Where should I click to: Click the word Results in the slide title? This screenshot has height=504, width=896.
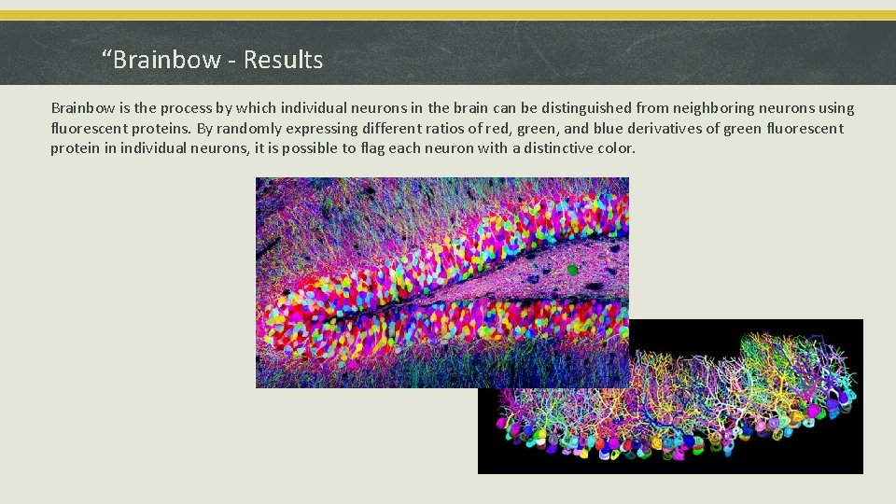click(283, 61)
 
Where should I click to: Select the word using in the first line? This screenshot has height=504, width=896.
click(833, 108)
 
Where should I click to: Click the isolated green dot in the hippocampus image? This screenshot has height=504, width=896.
click(572, 271)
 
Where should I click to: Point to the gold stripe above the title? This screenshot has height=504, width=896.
click(448, 15)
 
